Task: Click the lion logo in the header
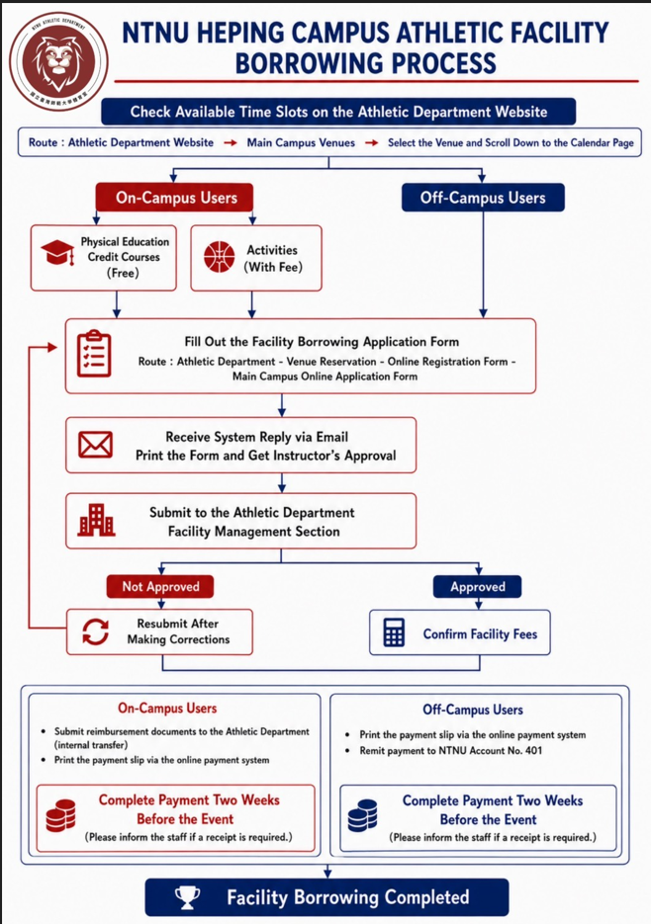point(58,61)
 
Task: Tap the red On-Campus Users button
point(175,198)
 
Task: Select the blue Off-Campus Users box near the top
point(483,198)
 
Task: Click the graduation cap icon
point(57,253)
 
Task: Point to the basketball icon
point(219,258)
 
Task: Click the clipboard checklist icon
point(94,354)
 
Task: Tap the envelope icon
point(96,445)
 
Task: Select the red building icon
point(96,520)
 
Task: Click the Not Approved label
point(160,586)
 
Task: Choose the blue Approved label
point(478,586)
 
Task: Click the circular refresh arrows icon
point(95,632)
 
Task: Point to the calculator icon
point(394,632)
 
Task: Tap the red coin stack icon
point(60,815)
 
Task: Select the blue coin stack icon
point(362,815)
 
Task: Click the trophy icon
point(187,898)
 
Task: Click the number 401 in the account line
point(533,751)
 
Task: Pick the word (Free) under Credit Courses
point(123,273)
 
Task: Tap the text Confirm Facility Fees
point(480,634)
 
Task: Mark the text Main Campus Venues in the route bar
point(301,142)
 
